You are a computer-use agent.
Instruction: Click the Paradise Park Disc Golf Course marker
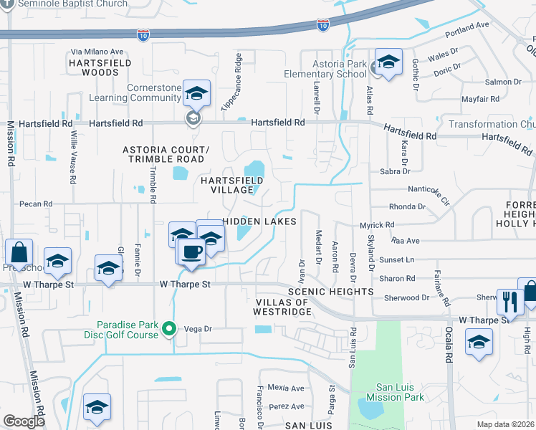click(x=169, y=329)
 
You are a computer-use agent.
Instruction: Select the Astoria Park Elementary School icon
click(x=388, y=63)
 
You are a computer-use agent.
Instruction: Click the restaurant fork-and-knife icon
click(x=510, y=302)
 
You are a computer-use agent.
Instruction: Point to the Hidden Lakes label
click(x=259, y=221)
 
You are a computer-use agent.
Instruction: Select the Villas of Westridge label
click(x=282, y=307)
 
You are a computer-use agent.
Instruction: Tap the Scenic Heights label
click(x=330, y=292)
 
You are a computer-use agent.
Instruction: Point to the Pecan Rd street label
click(x=37, y=204)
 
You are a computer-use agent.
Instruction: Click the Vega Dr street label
click(x=197, y=329)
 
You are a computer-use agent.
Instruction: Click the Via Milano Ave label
click(x=97, y=52)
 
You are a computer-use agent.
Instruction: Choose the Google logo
click(x=24, y=421)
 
